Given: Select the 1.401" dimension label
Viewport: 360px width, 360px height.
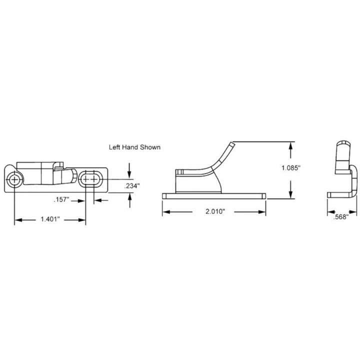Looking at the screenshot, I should [x=50, y=219].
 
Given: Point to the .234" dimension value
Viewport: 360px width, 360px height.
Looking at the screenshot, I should [x=131, y=185].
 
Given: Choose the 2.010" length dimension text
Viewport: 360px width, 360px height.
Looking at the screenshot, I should [x=214, y=211].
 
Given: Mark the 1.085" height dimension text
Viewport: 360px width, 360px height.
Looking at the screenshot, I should [x=290, y=168].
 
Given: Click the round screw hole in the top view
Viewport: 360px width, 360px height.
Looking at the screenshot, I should [x=15, y=179].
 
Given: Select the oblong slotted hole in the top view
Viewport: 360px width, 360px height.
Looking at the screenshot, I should [x=90, y=179].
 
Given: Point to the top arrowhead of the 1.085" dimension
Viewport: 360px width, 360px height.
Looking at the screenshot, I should [x=290, y=145].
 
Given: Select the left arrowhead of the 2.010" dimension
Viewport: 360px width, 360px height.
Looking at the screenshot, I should [x=165, y=211].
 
